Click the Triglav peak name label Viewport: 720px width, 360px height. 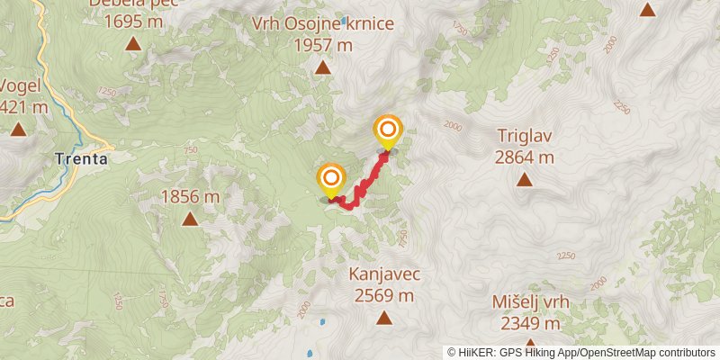524,136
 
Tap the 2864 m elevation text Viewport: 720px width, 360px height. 524,157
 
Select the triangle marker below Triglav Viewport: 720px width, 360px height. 524,179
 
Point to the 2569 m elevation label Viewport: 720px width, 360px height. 384,294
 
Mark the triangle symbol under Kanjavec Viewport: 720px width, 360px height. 384,317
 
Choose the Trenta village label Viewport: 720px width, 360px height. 81,158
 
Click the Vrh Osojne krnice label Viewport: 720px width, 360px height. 323,23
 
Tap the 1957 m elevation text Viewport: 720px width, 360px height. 323,45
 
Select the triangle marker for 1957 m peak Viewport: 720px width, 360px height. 323,67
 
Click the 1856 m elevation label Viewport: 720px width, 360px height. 190,196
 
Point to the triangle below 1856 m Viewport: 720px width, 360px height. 190,219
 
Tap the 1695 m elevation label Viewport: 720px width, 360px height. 133,20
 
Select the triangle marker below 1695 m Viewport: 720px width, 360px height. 133,42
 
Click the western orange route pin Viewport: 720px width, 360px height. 330,179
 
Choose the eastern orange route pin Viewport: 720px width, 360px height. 388,132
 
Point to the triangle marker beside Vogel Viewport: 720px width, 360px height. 18,130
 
